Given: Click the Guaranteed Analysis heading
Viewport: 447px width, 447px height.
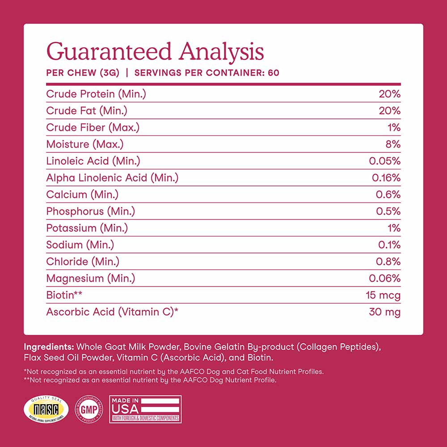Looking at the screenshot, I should [x=155, y=51].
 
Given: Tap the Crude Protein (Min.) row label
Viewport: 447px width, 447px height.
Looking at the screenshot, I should [x=96, y=94].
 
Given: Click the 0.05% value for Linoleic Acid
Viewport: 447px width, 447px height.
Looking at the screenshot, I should [x=385, y=161].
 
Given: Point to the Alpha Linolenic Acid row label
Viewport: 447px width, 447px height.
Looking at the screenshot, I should [x=112, y=178].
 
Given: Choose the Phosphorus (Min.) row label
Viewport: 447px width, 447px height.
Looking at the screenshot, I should [x=90, y=211].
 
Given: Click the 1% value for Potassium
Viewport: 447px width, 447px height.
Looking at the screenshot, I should [x=393, y=228].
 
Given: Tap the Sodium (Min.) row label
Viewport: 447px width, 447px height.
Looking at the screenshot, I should [x=80, y=245].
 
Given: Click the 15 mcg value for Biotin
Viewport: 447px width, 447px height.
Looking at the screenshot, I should [x=383, y=295].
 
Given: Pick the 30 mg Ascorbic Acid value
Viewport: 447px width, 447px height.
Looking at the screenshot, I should [x=384, y=312].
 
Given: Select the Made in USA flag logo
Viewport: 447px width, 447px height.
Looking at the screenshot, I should [x=145, y=409].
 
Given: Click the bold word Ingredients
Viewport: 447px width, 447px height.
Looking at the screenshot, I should [x=49, y=347].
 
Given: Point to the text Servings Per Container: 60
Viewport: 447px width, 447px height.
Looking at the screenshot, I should [x=207, y=72].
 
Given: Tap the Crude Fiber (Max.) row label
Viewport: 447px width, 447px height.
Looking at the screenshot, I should [x=93, y=127].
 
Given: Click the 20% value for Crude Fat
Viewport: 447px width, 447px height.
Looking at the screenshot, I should [x=389, y=111].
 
